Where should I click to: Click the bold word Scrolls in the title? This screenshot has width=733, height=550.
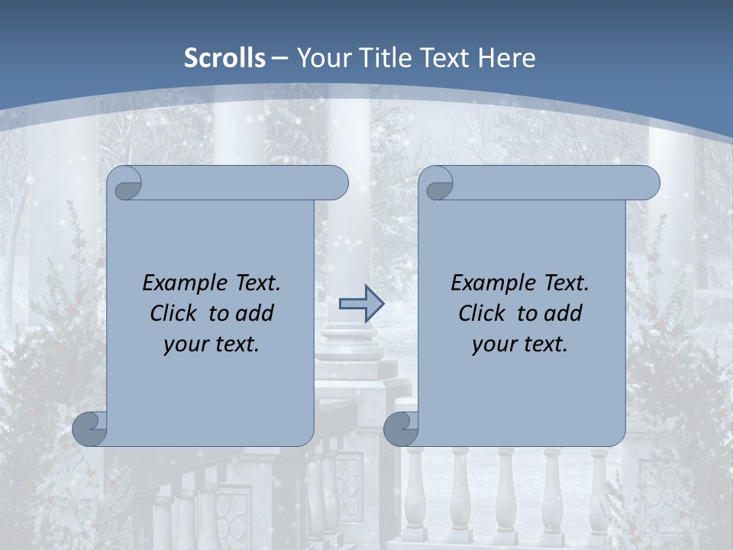225,58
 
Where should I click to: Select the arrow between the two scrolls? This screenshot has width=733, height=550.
361,305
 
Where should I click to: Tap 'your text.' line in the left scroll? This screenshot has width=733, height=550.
212,344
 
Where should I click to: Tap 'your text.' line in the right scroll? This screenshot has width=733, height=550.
520,344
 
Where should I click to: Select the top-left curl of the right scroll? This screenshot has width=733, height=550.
438,184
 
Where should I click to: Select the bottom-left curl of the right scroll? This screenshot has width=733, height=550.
402,429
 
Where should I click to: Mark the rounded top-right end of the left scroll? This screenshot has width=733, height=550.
336,183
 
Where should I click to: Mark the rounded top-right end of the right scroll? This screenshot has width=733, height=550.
647,183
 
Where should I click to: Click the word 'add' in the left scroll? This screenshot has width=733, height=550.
255,313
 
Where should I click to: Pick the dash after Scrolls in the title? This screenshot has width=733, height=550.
279,59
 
